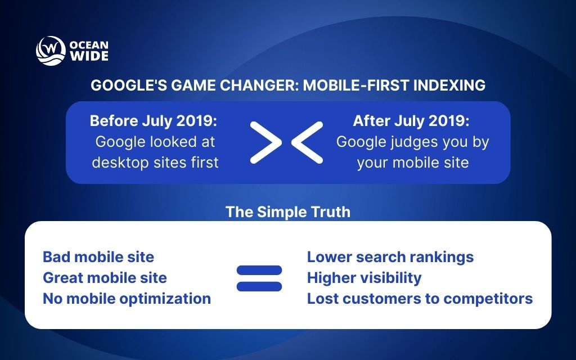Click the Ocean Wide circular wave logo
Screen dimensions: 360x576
pyautogui.click(x=51, y=51)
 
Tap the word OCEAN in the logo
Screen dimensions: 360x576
pyautogui.click(x=89, y=45)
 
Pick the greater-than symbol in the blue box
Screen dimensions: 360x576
pyautogui.click(x=266, y=142)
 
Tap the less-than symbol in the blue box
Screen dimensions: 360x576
pyautogui.click(x=307, y=142)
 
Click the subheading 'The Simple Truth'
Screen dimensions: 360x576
pyautogui.click(x=287, y=211)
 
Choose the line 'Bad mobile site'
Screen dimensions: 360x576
pyautogui.click(x=98, y=257)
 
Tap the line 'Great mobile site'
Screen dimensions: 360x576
pyautogui.click(x=105, y=277)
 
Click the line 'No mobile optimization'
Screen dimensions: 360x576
pyautogui.click(x=127, y=298)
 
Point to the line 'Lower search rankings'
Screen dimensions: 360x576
pyautogui.click(x=390, y=257)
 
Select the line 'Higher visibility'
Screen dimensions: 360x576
pyautogui.click(x=364, y=277)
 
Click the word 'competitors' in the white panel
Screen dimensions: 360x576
pyautogui.click(x=494, y=298)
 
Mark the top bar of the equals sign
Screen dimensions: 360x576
pyautogui.click(x=259, y=270)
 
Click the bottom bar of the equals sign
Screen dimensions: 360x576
pyautogui.click(x=259, y=286)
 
